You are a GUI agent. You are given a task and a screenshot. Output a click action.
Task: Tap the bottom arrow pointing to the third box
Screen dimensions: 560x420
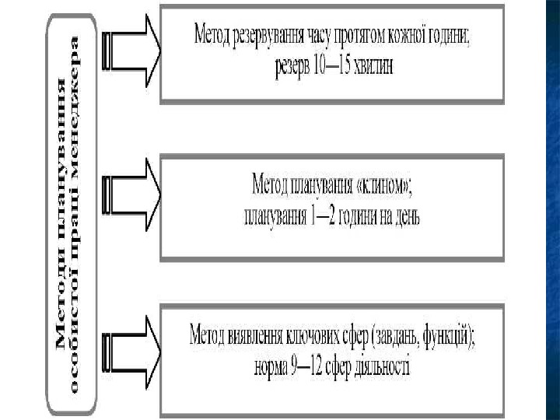(x=133, y=340)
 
